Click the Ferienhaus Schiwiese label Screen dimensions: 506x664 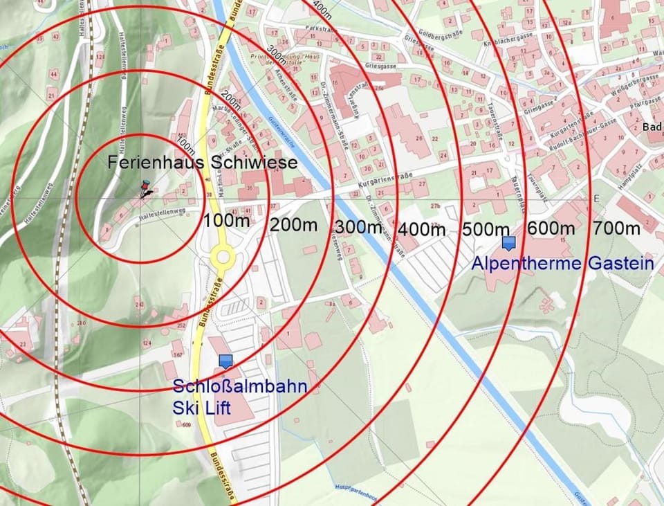[202, 163]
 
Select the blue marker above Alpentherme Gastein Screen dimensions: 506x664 [509, 243]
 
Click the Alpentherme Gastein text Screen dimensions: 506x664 [562, 263]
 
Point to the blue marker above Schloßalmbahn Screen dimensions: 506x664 [225, 361]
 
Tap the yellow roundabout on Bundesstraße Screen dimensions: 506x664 [223, 257]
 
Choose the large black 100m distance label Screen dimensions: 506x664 [227, 221]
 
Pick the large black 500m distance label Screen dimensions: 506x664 [486, 228]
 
